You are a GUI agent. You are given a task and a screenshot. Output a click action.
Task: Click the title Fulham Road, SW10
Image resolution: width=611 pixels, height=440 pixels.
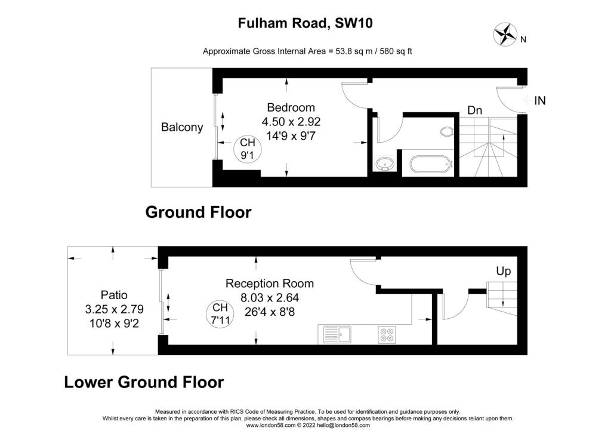pyautogui.click(x=305, y=23)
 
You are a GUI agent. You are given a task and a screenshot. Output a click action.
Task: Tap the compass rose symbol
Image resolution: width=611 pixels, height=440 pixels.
pyautogui.click(x=505, y=34)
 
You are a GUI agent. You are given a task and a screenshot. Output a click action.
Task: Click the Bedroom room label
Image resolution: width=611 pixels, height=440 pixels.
pyautogui.click(x=291, y=107)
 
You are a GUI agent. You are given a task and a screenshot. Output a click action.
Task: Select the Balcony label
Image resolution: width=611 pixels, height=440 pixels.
pyautogui.click(x=182, y=127)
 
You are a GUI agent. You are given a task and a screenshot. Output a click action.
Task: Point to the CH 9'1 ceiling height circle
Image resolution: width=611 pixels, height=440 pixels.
pyautogui.click(x=247, y=149)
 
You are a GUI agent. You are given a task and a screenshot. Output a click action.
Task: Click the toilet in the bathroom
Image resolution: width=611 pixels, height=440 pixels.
pyautogui.click(x=447, y=131)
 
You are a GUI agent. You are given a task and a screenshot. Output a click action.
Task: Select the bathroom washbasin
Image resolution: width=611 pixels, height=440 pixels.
pyautogui.click(x=386, y=164)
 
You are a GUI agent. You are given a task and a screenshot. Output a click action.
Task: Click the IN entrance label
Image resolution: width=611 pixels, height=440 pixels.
pyautogui.click(x=539, y=101)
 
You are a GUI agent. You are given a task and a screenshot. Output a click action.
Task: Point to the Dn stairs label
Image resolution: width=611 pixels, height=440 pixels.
pyautogui.click(x=474, y=110)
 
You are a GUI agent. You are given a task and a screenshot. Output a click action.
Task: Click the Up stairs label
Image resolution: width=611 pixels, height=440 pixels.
pyautogui.click(x=504, y=271)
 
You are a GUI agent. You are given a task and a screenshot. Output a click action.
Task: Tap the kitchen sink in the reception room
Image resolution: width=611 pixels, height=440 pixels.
pyautogui.click(x=338, y=335)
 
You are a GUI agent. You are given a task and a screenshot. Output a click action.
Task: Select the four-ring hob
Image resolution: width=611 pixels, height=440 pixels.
pyautogui.click(x=387, y=335)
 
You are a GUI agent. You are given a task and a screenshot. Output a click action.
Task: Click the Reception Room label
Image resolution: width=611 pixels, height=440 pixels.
pyautogui.click(x=270, y=284)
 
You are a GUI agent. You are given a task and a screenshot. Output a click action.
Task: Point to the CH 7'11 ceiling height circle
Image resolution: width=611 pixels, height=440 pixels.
pyautogui.click(x=220, y=313)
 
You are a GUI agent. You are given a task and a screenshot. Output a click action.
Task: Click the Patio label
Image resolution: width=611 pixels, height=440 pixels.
pyautogui.click(x=114, y=295)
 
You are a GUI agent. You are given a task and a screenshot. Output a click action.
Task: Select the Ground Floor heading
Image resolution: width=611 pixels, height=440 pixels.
pyautogui.click(x=198, y=213)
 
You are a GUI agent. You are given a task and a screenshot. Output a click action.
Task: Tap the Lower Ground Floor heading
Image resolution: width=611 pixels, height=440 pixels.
pyautogui.click(x=144, y=382)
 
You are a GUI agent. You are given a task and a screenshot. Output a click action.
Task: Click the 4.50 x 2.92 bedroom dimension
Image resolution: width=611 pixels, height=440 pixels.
pyautogui.click(x=291, y=122)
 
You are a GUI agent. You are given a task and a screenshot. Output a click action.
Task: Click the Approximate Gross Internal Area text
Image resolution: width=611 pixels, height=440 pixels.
pyautogui.click(x=307, y=51)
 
